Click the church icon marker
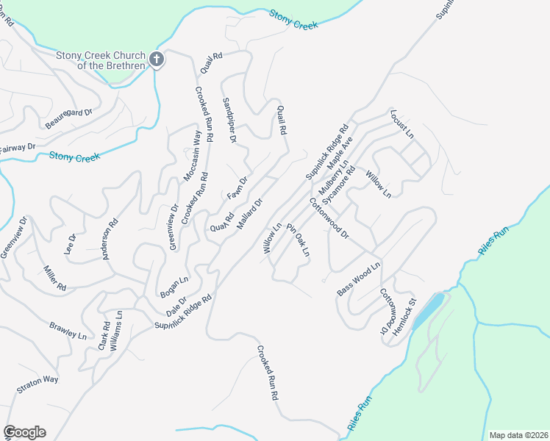click(157, 60)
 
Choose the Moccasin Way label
click(192, 156)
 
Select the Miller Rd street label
click(55, 277)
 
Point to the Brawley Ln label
click(68, 330)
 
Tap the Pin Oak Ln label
click(299, 240)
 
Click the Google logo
click(24, 432)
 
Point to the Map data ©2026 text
click(518, 435)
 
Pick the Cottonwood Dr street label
click(328, 218)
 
